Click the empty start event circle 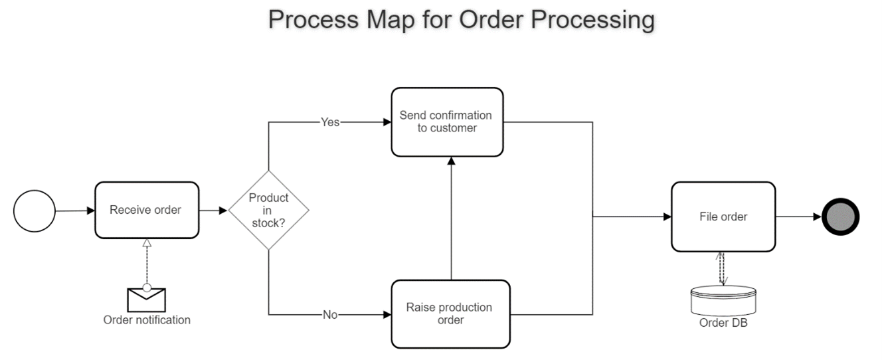35,211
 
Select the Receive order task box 147,211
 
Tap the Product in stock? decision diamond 268,211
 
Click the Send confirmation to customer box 447,122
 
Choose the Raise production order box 450,314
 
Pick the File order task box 723,217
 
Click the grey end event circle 840,217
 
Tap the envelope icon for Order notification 146,300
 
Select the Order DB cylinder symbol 723,301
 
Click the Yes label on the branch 330,122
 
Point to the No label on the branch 330,314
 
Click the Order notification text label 147,320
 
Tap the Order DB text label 723,323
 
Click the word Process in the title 309,20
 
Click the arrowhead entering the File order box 666,217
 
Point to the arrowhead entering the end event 816,217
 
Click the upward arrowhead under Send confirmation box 451,161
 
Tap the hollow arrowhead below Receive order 147,243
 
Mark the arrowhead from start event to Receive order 90,211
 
